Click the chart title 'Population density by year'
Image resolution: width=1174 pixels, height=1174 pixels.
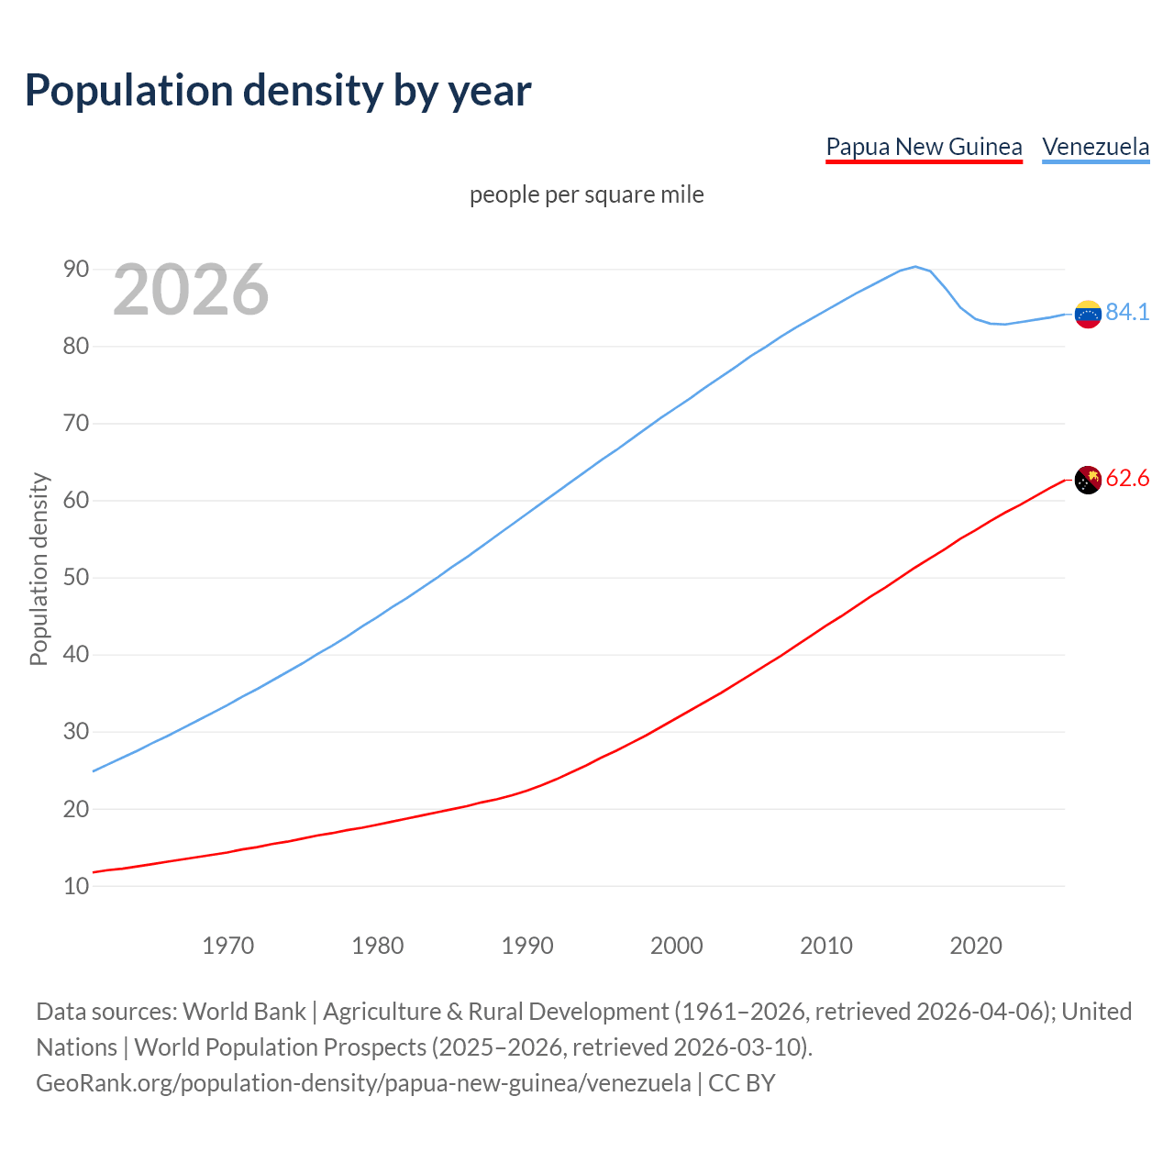pos(278,90)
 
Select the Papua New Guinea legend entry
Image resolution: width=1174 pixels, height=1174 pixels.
pos(924,147)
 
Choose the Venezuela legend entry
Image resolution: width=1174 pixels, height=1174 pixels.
pos(1095,147)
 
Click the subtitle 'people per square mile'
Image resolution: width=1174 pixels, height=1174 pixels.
pos(587,194)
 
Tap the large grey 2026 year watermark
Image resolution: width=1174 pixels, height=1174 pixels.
pos(191,290)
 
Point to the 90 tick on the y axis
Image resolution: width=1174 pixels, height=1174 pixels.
pos(76,269)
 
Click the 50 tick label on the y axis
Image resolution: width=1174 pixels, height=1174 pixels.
pos(76,578)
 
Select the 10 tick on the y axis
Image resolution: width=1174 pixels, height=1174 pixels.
pos(76,886)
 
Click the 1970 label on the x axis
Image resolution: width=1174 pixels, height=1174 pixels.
pos(227,946)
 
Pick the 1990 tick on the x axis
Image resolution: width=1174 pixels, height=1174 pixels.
pos(527,946)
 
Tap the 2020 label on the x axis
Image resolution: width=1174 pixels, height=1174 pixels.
pos(976,946)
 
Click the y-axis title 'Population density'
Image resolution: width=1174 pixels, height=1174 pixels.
pos(39,569)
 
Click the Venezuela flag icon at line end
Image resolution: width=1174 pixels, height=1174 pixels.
pos(1088,314)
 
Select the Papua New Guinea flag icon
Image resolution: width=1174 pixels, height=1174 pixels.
pos(1088,480)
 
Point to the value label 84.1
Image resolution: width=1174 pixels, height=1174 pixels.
pos(1127,313)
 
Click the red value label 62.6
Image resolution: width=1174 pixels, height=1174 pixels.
pos(1127,479)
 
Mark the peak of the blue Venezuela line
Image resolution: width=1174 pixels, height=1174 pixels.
pos(915,267)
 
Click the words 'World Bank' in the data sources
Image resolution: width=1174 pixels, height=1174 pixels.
pos(244,1012)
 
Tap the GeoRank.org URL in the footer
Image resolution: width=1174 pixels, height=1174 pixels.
pos(363,1083)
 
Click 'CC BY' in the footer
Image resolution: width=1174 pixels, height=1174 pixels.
pos(742,1083)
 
